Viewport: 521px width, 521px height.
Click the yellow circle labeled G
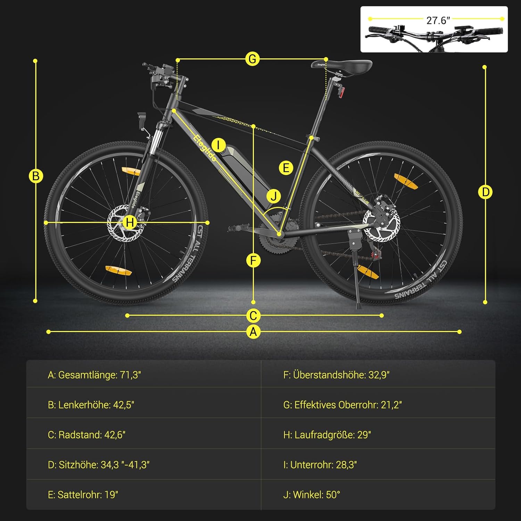coord(253,59)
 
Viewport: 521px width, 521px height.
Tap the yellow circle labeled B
coord(36,176)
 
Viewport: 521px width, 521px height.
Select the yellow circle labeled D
coord(485,192)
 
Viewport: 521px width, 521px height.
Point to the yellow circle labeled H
coord(130,222)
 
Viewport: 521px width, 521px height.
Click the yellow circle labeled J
coord(274,196)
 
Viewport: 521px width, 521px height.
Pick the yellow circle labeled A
coord(253,332)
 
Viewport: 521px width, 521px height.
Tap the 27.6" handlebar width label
coord(438,20)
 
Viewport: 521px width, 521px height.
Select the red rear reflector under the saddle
coord(342,92)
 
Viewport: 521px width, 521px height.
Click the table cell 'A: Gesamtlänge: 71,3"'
coord(143,375)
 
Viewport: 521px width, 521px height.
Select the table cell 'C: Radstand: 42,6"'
coord(143,435)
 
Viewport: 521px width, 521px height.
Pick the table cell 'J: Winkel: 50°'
coord(378,495)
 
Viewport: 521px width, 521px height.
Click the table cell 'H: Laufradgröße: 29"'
coord(378,435)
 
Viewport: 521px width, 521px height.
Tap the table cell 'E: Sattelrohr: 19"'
coord(143,495)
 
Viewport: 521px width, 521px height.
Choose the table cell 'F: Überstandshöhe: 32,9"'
coord(378,375)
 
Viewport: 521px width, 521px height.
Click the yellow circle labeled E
coord(286,168)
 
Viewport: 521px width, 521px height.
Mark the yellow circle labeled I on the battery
coord(218,145)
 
